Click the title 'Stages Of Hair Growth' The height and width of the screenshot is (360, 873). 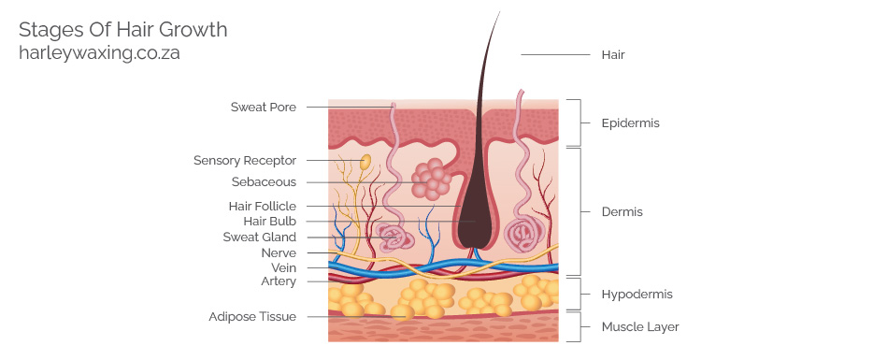tap(122, 30)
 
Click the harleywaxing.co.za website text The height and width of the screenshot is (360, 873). tap(99, 53)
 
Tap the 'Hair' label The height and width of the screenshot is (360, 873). tap(613, 55)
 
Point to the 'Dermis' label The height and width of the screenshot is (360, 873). tap(623, 212)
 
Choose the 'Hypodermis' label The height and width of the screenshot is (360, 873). tap(637, 295)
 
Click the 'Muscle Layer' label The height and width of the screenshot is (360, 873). tap(640, 327)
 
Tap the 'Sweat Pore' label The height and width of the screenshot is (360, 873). tap(264, 108)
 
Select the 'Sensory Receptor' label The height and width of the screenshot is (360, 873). tap(245, 161)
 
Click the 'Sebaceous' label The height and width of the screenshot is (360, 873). tap(264, 182)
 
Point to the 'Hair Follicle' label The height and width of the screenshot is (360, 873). tap(263, 206)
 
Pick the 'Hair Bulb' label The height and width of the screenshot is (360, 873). tap(269, 222)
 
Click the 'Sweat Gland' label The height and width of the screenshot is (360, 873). tap(259, 238)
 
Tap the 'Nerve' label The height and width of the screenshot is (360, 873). tap(279, 253)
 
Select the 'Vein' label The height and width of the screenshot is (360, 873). tap(283, 267)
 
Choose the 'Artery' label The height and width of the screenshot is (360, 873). tap(279, 281)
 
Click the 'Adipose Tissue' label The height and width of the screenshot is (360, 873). tap(252, 317)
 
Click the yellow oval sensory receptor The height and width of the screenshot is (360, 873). tap(365, 162)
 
